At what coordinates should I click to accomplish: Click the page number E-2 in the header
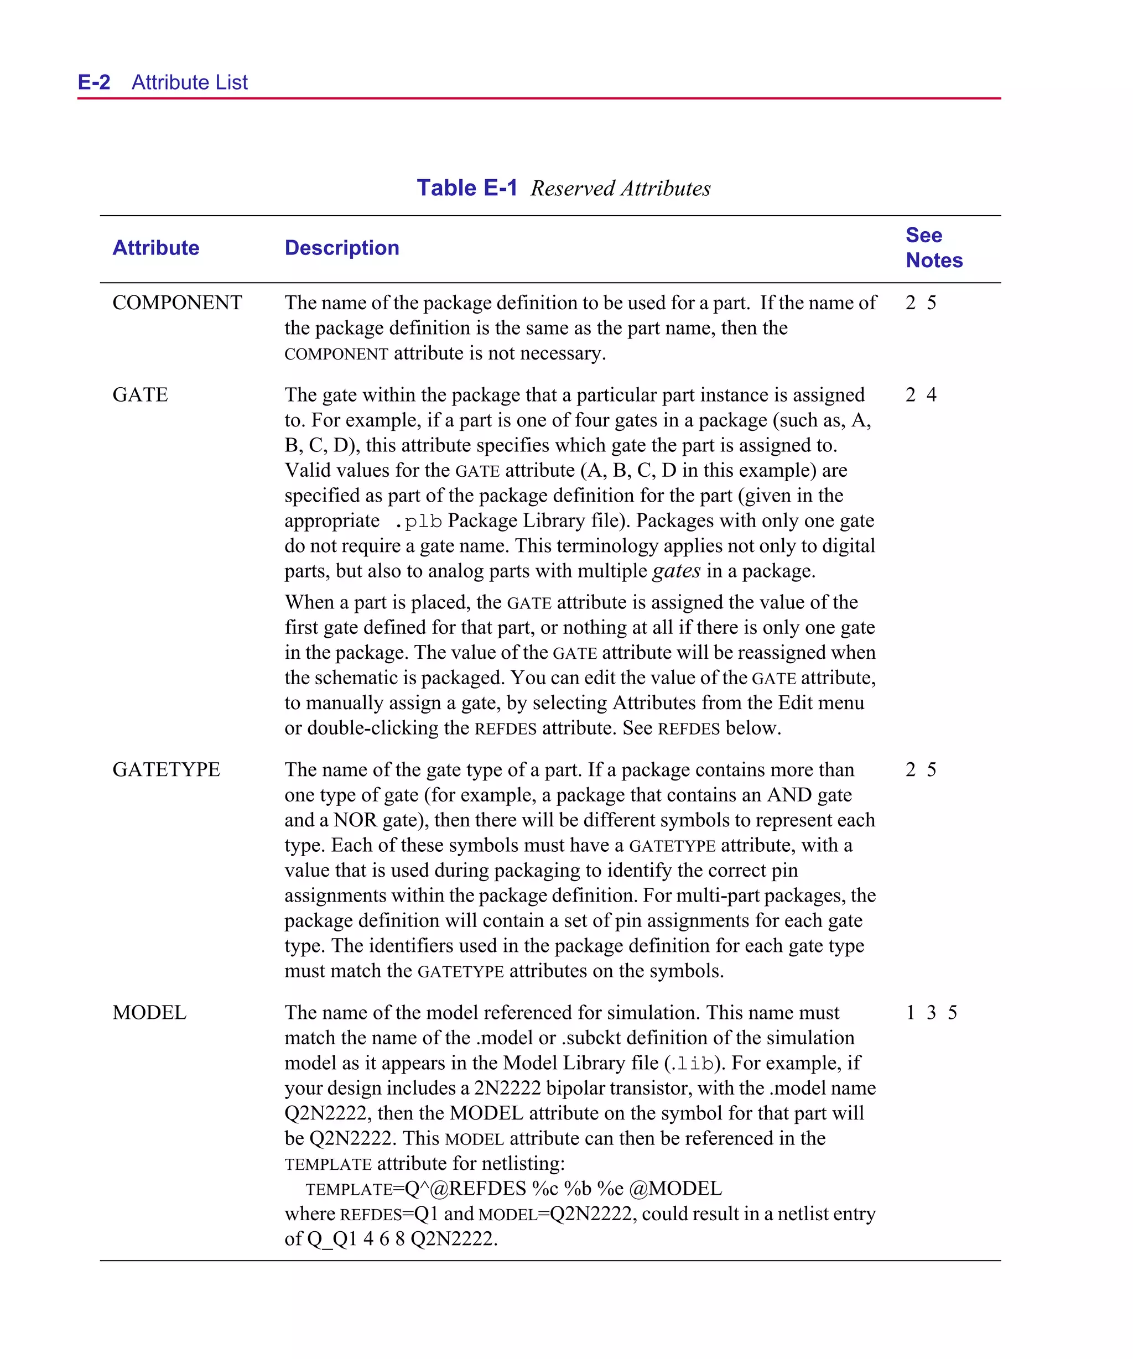click(94, 82)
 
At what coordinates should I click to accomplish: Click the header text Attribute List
click(189, 82)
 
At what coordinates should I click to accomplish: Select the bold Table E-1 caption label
click(466, 188)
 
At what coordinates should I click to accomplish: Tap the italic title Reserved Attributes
click(620, 188)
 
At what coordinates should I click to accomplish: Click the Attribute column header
click(155, 248)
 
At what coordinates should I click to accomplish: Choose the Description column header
click(341, 248)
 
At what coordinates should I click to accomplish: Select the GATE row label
click(140, 395)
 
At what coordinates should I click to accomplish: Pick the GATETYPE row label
click(166, 769)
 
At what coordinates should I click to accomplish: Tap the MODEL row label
click(149, 1012)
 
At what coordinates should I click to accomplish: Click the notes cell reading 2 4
click(920, 395)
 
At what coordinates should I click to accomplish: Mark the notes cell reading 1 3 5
click(931, 1012)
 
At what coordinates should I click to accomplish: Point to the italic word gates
click(676, 571)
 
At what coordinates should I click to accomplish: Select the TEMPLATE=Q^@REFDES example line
click(513, 1189)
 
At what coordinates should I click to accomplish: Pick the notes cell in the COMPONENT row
click(920, 303)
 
